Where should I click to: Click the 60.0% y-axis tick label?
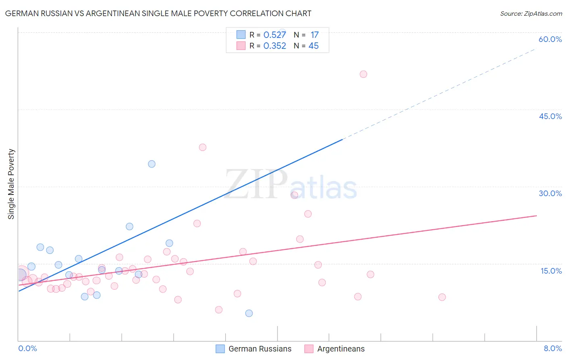(550, 39)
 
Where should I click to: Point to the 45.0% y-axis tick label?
(550, 116)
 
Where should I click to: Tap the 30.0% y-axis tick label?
(550, 193)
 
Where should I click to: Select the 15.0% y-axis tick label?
(551, 271)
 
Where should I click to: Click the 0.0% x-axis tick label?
(27, 348)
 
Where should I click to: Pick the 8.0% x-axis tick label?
(552, 348)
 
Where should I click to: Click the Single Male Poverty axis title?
(11, 184)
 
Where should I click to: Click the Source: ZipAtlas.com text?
(531, 14)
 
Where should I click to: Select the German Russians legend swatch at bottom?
(220, 349)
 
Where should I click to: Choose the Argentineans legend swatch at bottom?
(309, 349)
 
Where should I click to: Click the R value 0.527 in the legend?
(275, 35)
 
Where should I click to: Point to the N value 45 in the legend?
(313, 46)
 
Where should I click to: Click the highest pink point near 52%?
(363, 74)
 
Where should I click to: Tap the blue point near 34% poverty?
(152, 164)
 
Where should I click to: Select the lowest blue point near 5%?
(249, 313)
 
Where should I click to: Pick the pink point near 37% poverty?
(202, 147)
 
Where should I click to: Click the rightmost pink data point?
(442, 297)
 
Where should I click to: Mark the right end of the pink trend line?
(536, 216)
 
